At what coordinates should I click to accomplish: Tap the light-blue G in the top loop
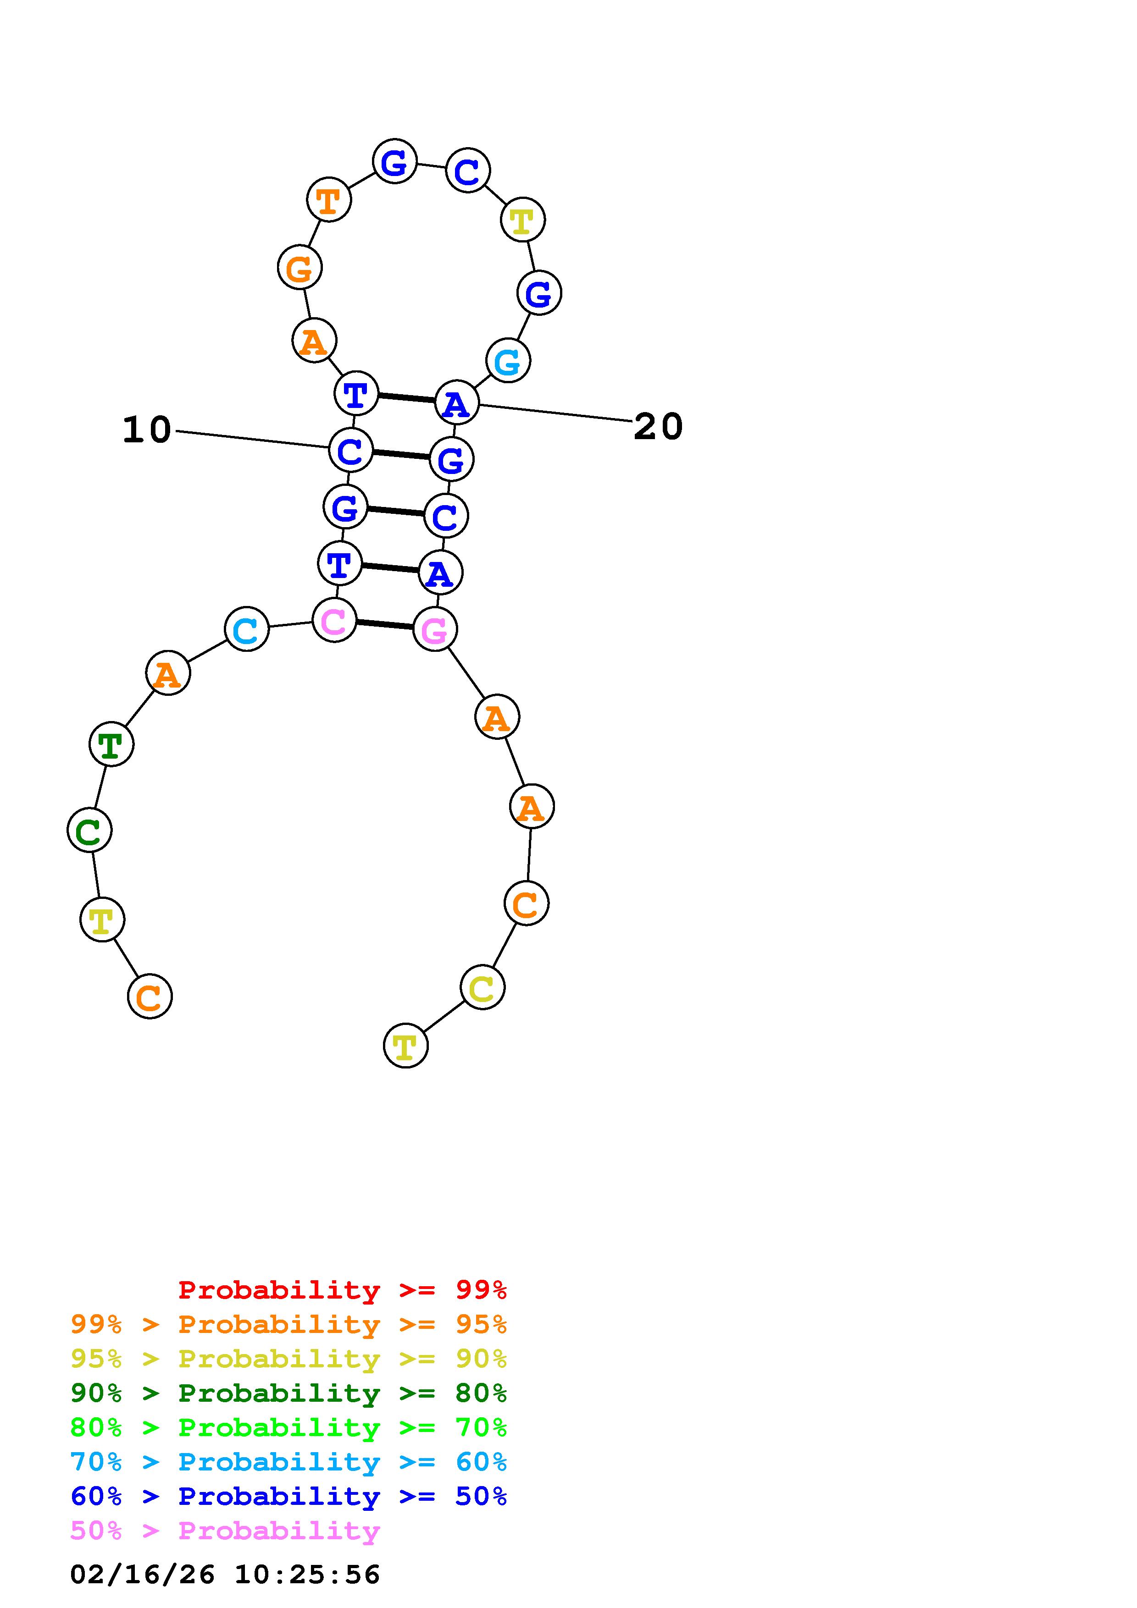tap(508, 361)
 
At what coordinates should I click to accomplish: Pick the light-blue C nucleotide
tap(247, 629)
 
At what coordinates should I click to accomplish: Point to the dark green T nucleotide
tap(111, 744)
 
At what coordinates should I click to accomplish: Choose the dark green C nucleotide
tap(89, 830)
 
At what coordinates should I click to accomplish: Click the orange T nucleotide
tap(328, 199)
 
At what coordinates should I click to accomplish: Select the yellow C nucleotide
tap(482, 987)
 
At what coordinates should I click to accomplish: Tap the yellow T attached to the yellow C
tap(405, 1046)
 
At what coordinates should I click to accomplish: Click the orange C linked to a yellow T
tap(149, 996)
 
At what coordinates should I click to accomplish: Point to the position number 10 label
tap(147, 430)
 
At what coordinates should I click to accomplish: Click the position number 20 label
tap(658, 426)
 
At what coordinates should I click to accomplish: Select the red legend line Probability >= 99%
tap(343, 1290)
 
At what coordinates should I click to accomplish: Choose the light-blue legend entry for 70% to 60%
tap(288, 1462)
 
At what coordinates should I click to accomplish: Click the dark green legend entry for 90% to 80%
tap(288, 1393)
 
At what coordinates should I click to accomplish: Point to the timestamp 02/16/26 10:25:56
tap(225, 1575)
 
